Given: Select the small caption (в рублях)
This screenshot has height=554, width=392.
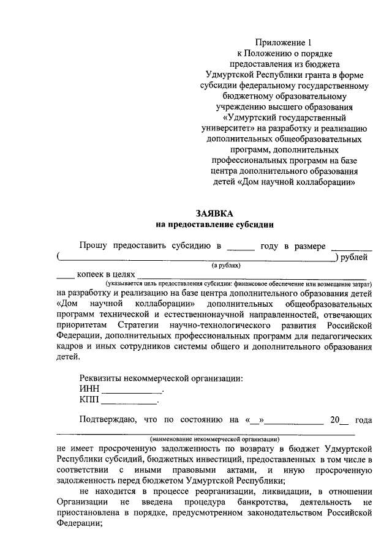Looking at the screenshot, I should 227,266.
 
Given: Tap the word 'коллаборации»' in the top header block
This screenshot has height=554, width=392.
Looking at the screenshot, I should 328,182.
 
